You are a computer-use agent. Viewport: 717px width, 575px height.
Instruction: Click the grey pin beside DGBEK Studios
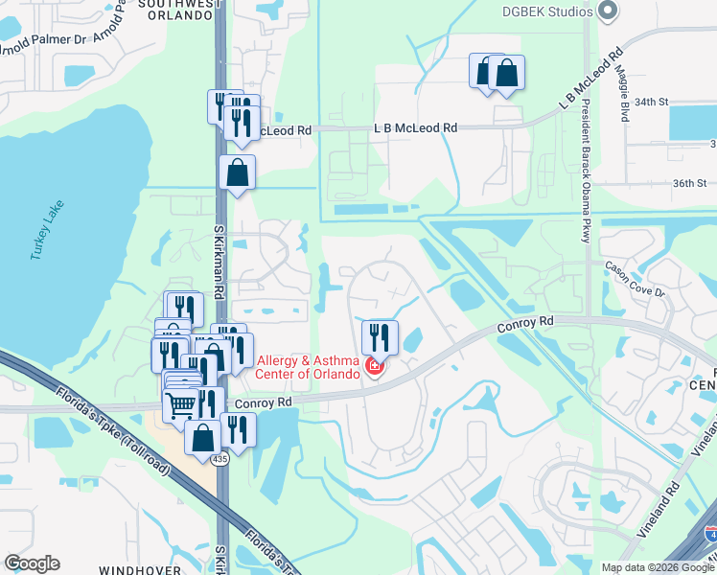tap(605, 11)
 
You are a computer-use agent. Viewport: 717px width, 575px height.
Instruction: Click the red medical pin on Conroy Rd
tap(373, 367)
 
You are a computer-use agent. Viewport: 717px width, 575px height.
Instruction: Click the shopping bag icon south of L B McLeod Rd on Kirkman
tap(237, 173)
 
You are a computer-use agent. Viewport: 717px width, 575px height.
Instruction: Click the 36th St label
tap(689, 183)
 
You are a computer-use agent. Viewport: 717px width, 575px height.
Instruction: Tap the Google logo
tap(33, 563)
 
